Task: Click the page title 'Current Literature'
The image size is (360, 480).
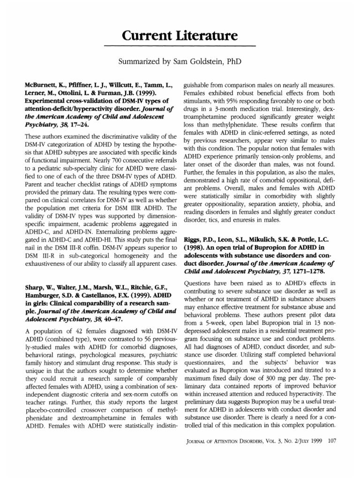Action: [x=180, y=35]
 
